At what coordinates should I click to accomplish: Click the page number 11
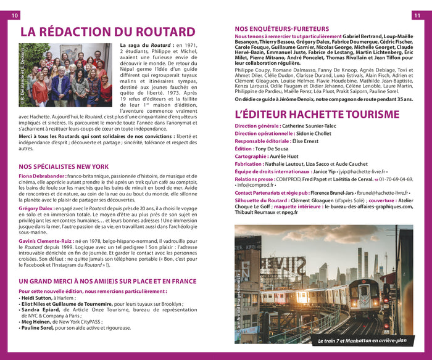pyautogui.click(x=417, y=15)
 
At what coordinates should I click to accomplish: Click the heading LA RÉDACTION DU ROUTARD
pyautogui.click(x=107, y=32)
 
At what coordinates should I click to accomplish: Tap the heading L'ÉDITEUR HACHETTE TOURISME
pyautogui.click(x=317, y=114)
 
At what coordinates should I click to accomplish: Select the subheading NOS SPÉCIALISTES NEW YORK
pyautogui.click(x=64, y=166)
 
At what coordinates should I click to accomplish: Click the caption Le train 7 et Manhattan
pyautogui.click(x=362, y=340)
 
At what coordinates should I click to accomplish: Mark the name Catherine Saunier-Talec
pyautogui.click(x=309, y=126)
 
